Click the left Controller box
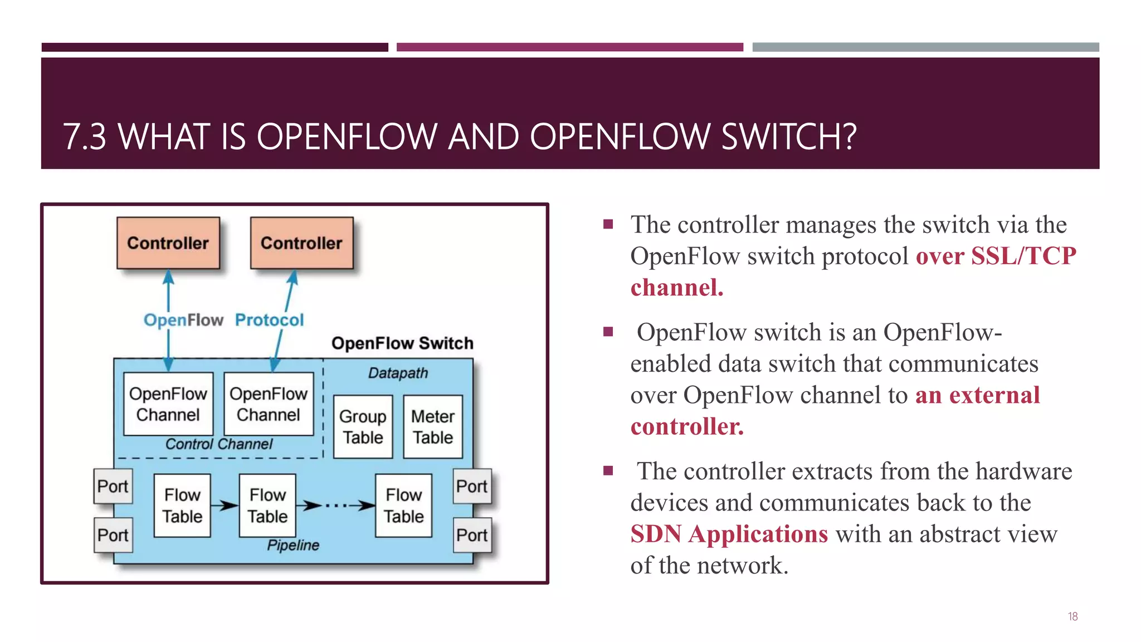click(168, 243)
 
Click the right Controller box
click(301, 243)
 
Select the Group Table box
click(363, 427)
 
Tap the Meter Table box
click(433, 427)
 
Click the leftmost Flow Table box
click(182, 505)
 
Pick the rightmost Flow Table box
click(403, 505)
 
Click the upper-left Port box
click(113, 487)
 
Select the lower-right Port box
click(472, 535)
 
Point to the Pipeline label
click(293, 545)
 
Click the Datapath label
click(398, 373)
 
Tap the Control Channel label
click(219, 444)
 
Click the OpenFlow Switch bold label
click(402, 343)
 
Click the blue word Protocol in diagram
click(269, 320)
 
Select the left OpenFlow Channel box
click(168, 404)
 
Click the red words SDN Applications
click(729, 534)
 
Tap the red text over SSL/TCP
click(996, 256)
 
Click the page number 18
click(1072, 616)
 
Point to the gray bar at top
click(925, 47)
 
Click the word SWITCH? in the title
click(788, 137)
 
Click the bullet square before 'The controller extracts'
click(608, 471)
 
